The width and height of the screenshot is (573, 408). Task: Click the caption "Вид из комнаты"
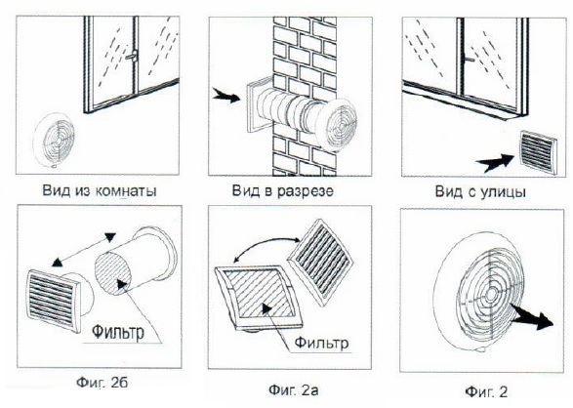click(x=100, y=190)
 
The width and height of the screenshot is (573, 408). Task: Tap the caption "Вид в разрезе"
click(x=283, y=190)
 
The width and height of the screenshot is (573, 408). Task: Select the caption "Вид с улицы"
click(x=480, y=191)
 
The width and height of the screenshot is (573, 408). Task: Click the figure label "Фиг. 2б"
click(x=102, y=383)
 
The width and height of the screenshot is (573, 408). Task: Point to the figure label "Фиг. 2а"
click(x=294, y=389)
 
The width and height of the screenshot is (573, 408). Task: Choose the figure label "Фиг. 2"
click(x=486, y=392)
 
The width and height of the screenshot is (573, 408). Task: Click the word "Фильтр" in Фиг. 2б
click(x=118, y=332)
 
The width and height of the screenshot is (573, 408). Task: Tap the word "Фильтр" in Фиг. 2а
click(x=321, y=343)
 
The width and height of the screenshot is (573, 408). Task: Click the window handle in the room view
click(x=132, y=56)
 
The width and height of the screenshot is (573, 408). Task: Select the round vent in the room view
click(x=54, y=140)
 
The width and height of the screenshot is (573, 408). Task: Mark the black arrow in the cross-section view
click(x=226, y=96)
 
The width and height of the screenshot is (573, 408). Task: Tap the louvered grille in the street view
click(x=538, y=152)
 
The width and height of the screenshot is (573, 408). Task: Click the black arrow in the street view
click(x=495, y=163)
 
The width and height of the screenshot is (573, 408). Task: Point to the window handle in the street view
click(x=469, y=59)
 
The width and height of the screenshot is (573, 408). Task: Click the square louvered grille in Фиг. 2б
click(x=54, y=301)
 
